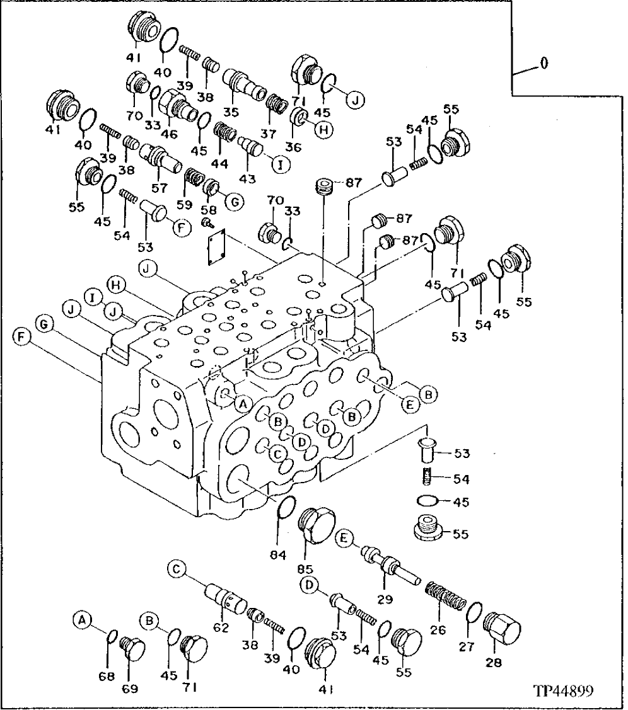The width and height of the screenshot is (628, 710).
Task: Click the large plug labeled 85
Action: (x=318, y=522)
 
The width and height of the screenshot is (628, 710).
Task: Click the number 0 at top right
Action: (x=544, y=64)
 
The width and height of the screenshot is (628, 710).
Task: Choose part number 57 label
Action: (x=160, y=188)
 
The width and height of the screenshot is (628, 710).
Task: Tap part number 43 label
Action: (x=247, y=178)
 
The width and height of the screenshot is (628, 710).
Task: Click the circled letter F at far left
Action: (x=21, y=338)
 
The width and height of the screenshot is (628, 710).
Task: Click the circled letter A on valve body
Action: (x=242, y=403)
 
